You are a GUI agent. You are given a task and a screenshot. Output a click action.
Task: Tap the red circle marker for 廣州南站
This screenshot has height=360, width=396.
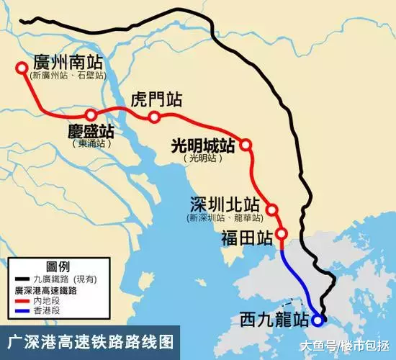coord(22,69)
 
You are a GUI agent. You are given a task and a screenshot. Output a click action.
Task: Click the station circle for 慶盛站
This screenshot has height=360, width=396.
coord(91,114)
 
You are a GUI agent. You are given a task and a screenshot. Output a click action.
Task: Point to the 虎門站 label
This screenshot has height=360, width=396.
coord(156,100)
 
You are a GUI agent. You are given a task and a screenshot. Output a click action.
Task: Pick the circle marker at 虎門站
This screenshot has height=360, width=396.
coord(154,117)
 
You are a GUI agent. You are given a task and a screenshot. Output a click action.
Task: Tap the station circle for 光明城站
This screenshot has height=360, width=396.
coord(246,145)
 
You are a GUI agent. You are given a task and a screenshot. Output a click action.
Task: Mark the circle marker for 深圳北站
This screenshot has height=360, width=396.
coord(272,210)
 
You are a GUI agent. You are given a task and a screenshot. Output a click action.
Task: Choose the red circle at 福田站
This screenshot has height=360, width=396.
coord(282,233)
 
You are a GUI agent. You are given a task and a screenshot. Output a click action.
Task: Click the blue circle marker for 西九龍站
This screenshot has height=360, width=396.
coord(320,318)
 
